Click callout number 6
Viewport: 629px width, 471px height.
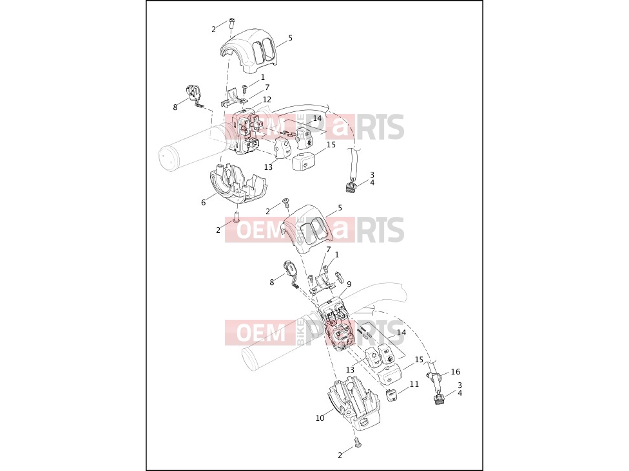click(204, 203)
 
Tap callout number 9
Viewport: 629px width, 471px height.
click(349, 284)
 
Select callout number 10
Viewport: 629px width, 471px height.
click(320, 418)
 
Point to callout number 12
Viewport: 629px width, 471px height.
click(267, 99)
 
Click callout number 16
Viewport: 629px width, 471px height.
click(455, 372)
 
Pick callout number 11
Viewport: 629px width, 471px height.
click(414, 384)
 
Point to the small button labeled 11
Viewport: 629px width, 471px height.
click(392, 396)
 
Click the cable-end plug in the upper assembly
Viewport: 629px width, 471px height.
click(350, 186)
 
